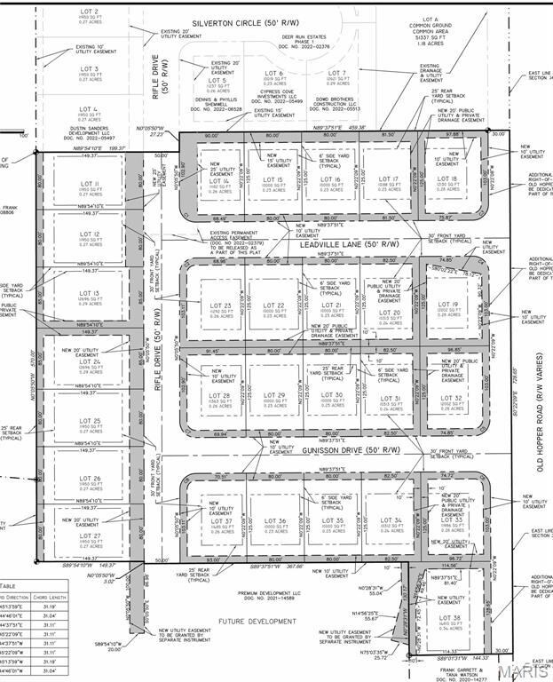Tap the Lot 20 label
coord(390,316)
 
